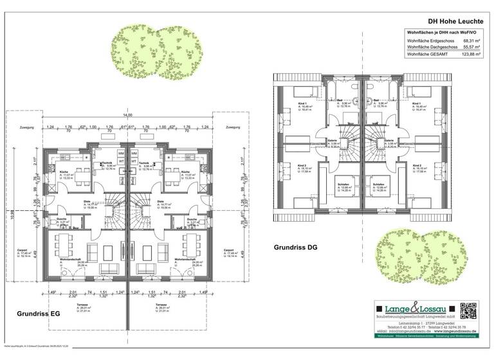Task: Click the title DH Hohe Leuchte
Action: pyautogui.click(x=452, y=20)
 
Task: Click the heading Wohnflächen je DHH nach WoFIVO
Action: pyautogui.click(x=443, y=31)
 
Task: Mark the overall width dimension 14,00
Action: pyautogui.click(x=128, y=115)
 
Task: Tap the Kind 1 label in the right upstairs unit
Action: pyautogui.click(x=416, y=104)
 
